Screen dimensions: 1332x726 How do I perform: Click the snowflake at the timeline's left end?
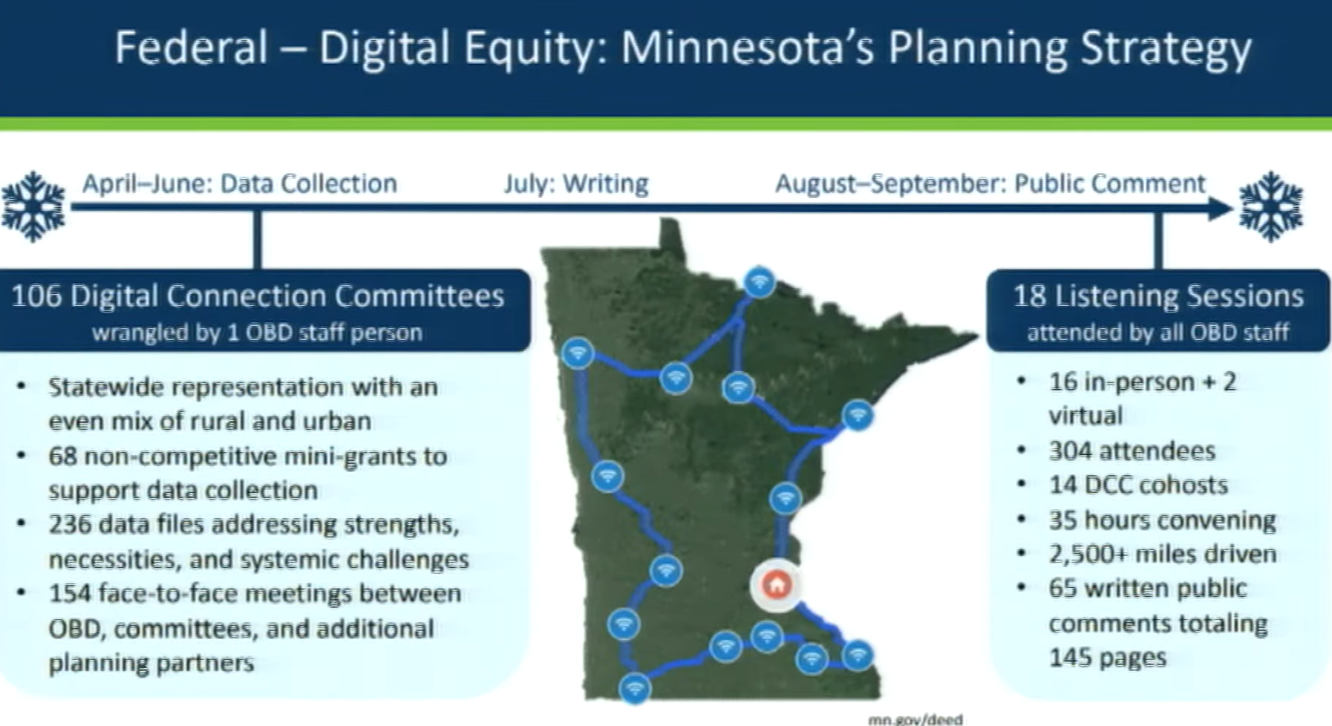point(33,206)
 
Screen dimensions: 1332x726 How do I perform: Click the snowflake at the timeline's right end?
point(1270,206)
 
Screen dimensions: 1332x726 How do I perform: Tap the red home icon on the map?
point(777,585)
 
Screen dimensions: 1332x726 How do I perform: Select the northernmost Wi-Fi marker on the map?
point(759,282)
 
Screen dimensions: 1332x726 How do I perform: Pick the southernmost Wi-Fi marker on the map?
point(635,688)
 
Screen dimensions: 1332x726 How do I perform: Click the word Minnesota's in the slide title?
point(748,48)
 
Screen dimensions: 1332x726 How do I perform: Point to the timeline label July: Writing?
point(576,183)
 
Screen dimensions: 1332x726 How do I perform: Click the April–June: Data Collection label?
point(239,183)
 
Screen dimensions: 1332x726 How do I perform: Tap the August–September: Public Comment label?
point(990,183)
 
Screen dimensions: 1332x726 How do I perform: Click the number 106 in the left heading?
point(36,296)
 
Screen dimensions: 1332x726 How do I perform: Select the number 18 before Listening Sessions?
point(1030,296)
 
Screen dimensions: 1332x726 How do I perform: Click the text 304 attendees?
point(1132,451)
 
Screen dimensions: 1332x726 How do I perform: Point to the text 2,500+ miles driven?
point(1163,554)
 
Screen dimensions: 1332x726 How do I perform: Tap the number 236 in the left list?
point(71,524)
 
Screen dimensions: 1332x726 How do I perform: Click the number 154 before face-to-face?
point(71,593)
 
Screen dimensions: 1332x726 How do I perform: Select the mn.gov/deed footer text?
point(915,719)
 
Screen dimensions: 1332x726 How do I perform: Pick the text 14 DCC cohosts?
point(1138,485)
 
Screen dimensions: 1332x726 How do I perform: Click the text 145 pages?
point(1107,658)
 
